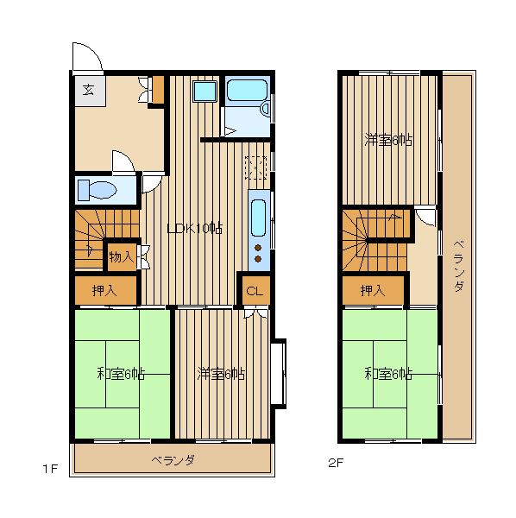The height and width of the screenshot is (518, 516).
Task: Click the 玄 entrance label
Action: (88, 90)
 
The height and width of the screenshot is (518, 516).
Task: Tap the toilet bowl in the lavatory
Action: (98, 190)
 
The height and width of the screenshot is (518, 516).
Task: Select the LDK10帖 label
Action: (195, 228)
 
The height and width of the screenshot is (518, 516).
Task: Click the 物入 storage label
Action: (122, 256)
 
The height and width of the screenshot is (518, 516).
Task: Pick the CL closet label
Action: (255, 291)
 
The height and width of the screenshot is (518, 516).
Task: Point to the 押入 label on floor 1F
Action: (104, 290)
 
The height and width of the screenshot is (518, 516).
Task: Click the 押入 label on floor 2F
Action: (373, 290)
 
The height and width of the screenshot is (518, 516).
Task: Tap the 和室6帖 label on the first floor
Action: (121, 374)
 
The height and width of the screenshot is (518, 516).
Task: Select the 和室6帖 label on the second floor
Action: (388, 374)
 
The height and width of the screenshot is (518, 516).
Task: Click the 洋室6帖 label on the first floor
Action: (221, 374)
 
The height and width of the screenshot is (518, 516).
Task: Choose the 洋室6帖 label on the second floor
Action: (388, 140)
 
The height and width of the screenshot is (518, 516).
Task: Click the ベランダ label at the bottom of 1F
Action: (173, 460)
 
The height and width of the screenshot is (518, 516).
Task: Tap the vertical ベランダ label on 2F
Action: (459, 266)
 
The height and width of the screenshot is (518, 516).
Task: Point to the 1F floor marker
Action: (51, 469)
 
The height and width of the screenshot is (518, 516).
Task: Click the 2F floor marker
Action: (336, 463)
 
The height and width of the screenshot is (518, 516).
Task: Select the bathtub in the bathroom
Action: (247, 90)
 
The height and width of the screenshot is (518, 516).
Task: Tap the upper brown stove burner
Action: (258, 248)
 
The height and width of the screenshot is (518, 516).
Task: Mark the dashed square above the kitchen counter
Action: (256, 167)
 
